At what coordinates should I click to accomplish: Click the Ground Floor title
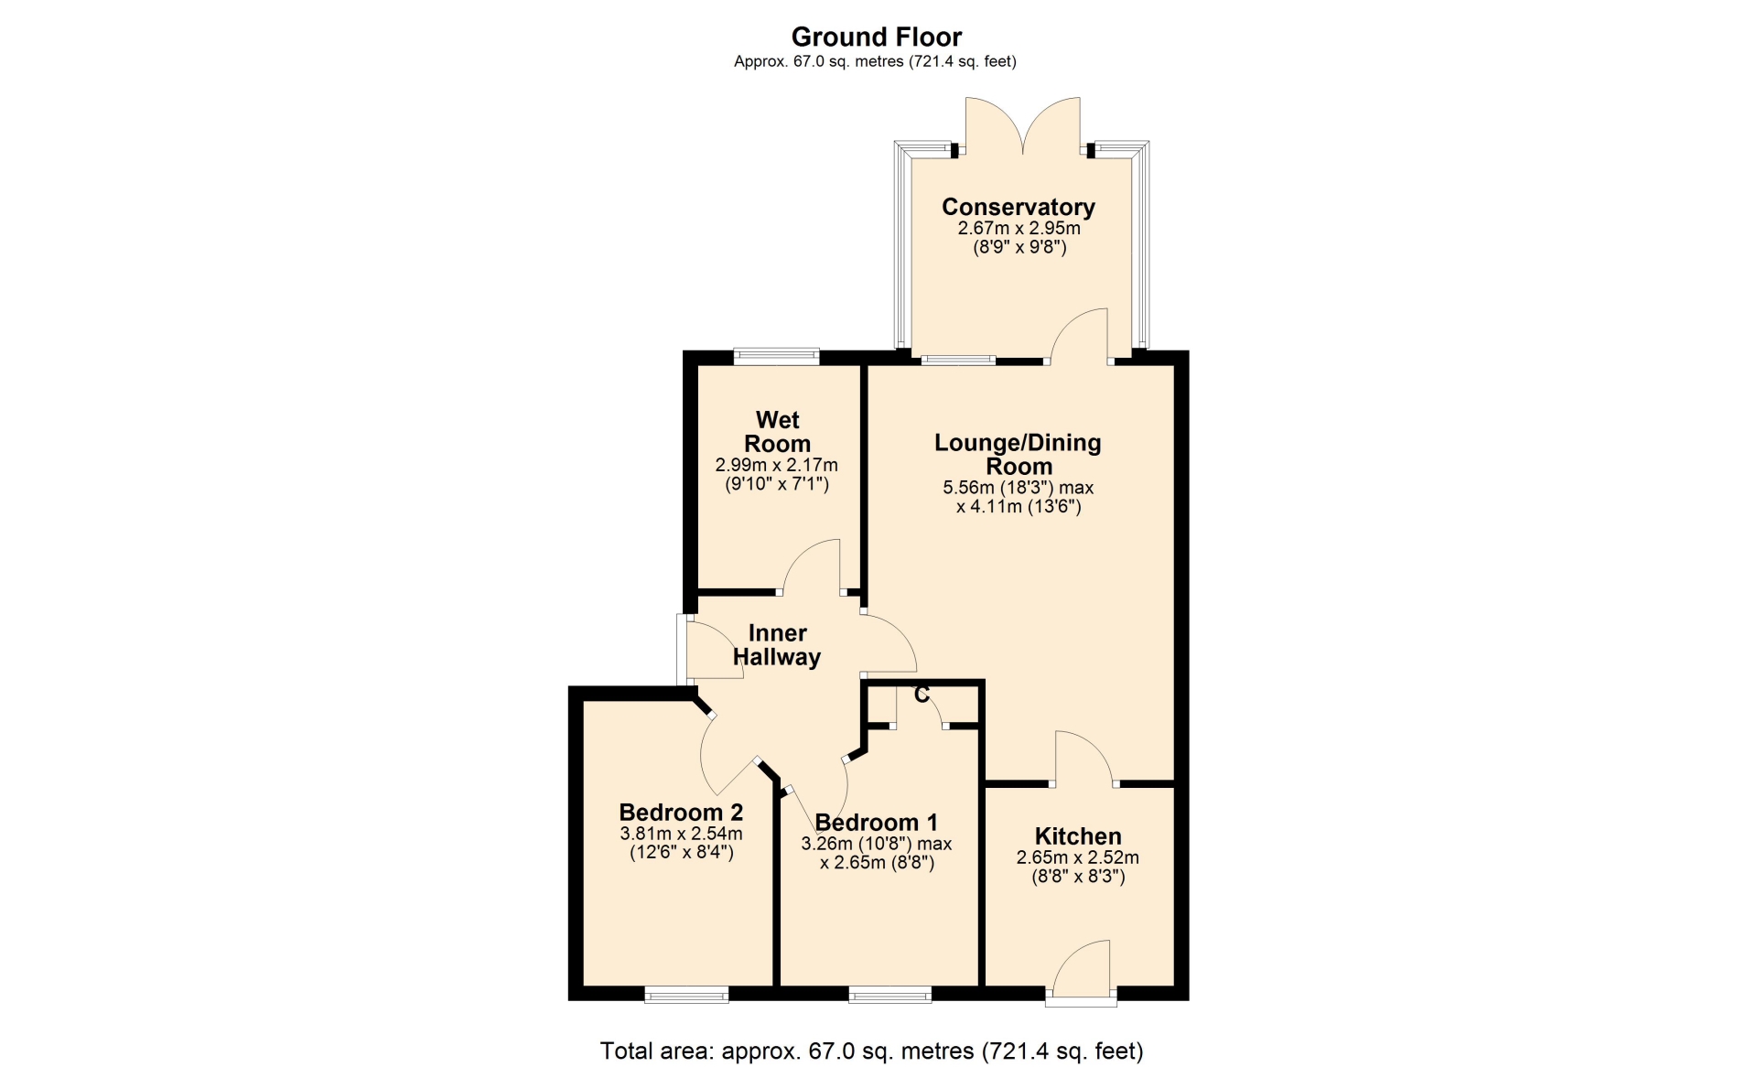click(x=877, y=38)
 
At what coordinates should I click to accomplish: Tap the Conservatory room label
click(x=1019, y=207)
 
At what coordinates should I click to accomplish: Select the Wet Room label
click(x=778, y=432)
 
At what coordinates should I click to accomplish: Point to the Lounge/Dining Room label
click(x=1019, y=455)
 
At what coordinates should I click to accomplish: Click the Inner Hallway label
click(x=777, y=645)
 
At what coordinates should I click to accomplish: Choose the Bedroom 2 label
click(x=681, y=813)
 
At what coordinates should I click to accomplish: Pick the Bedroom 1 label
click(x=877, y=823)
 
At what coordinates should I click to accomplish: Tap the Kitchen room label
click(x=1078, y=836)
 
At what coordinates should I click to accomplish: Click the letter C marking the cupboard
click(x=922, y=695)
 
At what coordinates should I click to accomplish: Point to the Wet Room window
click(x=776, y=357)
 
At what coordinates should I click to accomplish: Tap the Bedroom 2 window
click(x=686, y=995)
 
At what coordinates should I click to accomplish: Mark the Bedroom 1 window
click(x=890, y=995)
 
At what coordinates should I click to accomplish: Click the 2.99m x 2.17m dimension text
click(x=777, y=466)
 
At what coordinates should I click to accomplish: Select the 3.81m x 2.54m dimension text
click(x=681, y=835)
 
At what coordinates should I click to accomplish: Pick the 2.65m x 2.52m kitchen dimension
click(x=1078, y=858)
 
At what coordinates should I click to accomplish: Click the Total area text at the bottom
click(x=872, y=1051)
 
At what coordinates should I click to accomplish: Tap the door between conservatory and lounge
click(x=1080, y=336)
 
